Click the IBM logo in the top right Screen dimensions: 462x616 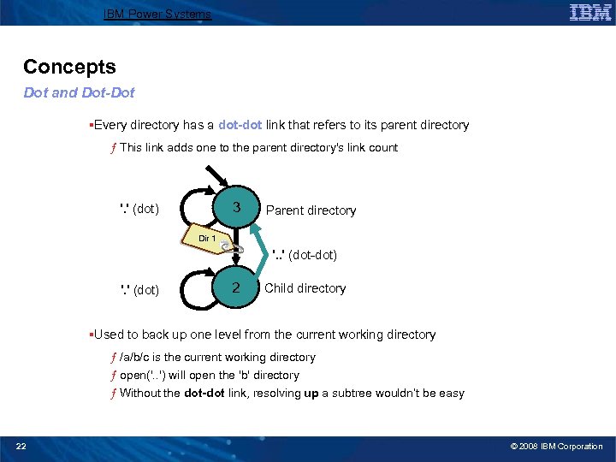[x=589, y=12]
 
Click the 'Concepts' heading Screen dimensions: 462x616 [x=69, y=67]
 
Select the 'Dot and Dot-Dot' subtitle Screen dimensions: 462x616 [x=79, y=92]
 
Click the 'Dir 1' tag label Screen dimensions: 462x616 [x=207, y=239]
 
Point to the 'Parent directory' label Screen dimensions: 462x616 [x=311, y=210]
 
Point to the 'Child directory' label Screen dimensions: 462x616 [x=305, y=288]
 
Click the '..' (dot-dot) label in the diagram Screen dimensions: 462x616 [x=304, y=254]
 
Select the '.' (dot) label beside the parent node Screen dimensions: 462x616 [x=139, y=208]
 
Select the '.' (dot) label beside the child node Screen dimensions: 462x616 [x=139, y=289]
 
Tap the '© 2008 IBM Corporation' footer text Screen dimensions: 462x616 [x=557, y=446]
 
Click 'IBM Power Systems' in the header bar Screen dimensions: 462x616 [x=157, y=14]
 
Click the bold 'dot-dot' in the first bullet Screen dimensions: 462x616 [x=240, y=125]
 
